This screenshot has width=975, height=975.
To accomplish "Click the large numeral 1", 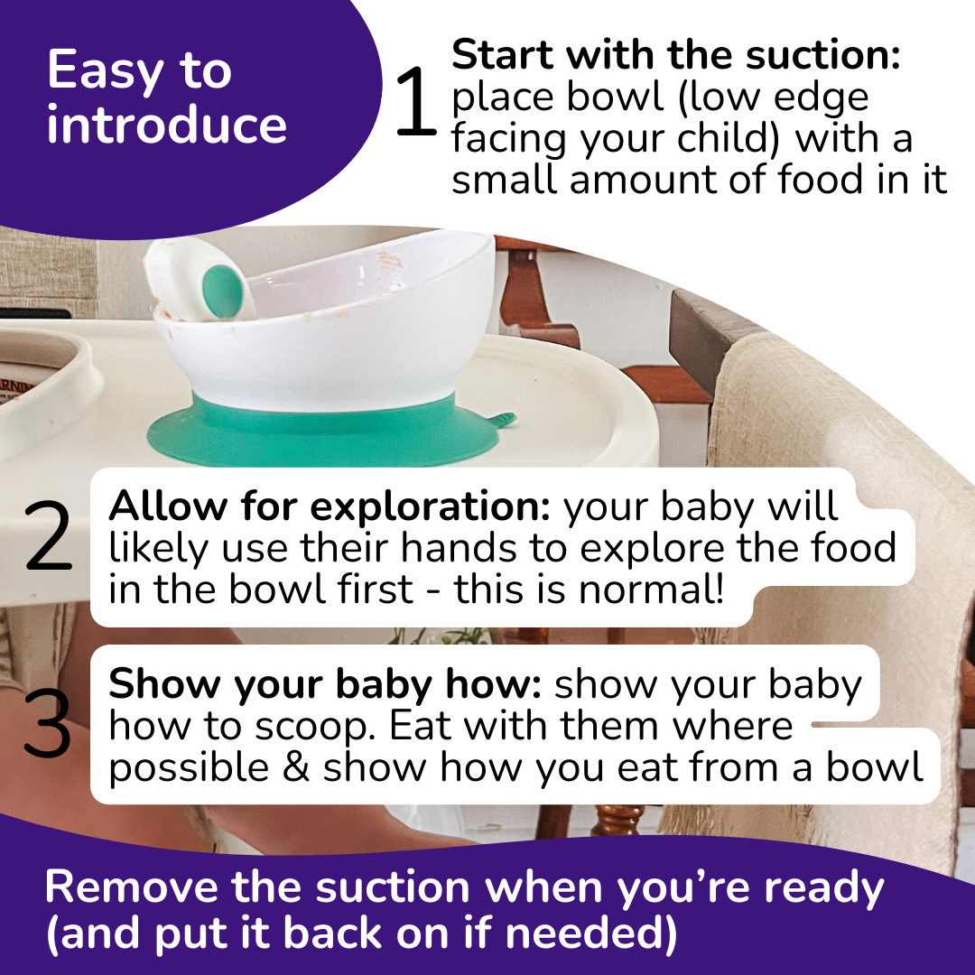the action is (x=416, y=102).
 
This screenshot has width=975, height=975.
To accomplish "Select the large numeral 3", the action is (x=47, y=725).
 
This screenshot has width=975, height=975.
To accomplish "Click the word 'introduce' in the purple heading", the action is (x=167, y=125).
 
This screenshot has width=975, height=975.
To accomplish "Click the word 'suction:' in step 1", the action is (x=823, y=55).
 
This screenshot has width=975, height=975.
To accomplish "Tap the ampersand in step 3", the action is (x=296, y=767).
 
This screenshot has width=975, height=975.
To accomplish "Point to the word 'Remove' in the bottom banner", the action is (x=132, y=887).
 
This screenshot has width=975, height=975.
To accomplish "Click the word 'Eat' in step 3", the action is (x=421, y=726).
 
